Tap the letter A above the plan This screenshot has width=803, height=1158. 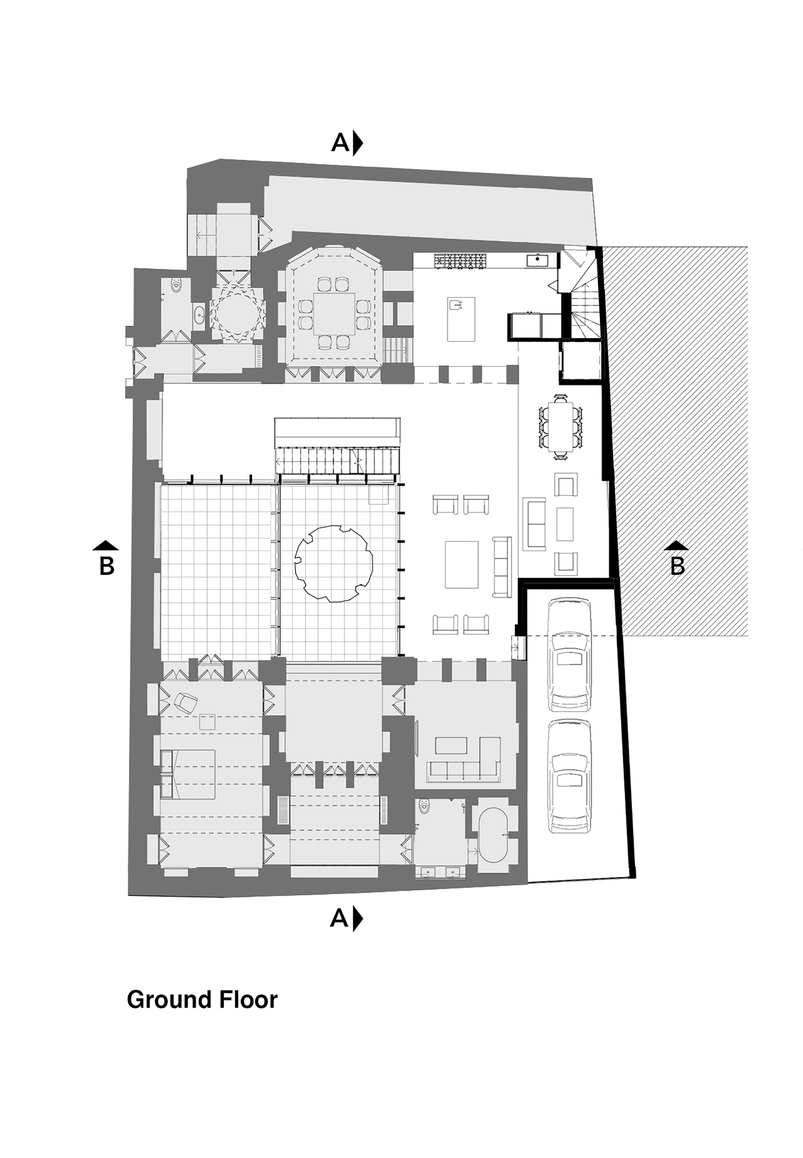click(340, 143)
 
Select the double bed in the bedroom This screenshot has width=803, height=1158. click(188, 774)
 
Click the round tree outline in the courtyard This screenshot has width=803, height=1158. click(333, 563)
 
